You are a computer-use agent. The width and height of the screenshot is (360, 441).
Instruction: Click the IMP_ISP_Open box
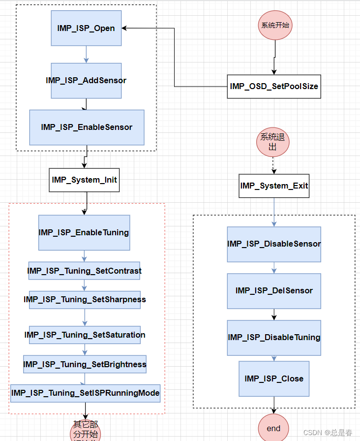pos(86,28)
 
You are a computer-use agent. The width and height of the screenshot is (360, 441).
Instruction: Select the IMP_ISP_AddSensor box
pos(86,80)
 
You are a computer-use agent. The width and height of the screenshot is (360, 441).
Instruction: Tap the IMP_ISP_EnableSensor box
pos(87,127)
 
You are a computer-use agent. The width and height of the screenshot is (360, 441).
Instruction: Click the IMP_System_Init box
pos(84,180)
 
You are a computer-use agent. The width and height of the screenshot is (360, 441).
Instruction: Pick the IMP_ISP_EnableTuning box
pos(84,232)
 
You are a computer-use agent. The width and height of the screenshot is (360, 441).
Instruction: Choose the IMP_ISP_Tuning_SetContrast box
pos(84,271)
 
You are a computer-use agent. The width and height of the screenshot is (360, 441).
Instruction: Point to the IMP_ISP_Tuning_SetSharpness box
pos(85,299)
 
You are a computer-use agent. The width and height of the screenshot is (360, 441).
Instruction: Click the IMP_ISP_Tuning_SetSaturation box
pos(85,335)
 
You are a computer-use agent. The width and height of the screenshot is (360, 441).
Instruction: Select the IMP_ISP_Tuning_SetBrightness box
pos(85,364)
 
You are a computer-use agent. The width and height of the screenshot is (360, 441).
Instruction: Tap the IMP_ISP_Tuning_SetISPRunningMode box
pos(86,393)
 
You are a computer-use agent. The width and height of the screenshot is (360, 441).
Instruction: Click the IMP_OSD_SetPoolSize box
pos(274,87)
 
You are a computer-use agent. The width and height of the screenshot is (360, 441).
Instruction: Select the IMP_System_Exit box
pos(274,186)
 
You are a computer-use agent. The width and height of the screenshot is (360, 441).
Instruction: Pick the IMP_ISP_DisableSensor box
pos(274,244)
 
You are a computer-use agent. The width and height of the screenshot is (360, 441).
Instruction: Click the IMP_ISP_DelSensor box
pos(274,290)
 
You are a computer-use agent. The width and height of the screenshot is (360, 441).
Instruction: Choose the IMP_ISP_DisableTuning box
pos(274,337)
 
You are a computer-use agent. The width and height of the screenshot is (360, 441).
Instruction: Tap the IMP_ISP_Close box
pos(274,378)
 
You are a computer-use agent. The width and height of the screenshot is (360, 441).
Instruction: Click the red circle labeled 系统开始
pos(275,25)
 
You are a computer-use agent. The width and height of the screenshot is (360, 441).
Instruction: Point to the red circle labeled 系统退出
pos(272,142)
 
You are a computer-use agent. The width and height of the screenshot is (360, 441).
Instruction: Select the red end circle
pos(273,427)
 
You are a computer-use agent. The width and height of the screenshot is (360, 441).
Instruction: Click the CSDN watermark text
pos(328,433)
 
